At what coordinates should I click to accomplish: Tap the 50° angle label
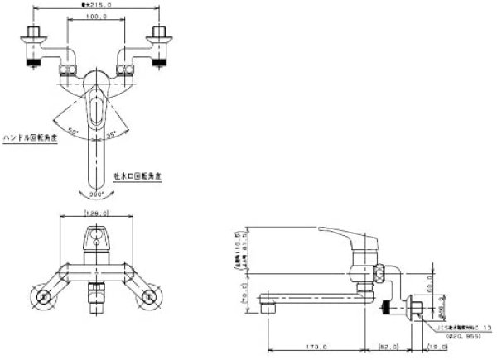[x=72, y=132]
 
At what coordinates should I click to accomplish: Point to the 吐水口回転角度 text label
[x=137, y=175]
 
